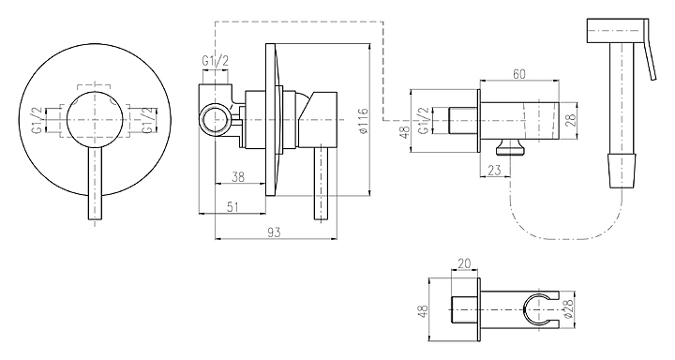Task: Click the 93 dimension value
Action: (274, 232)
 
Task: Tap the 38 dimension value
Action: (238, 177)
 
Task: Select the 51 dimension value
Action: (232, 207)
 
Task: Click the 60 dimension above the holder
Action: (519, 74)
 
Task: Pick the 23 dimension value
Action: (495, 170)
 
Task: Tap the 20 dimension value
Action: (464, 263)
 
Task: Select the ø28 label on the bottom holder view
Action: (568, 309)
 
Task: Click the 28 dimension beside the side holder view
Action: (571, 120)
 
